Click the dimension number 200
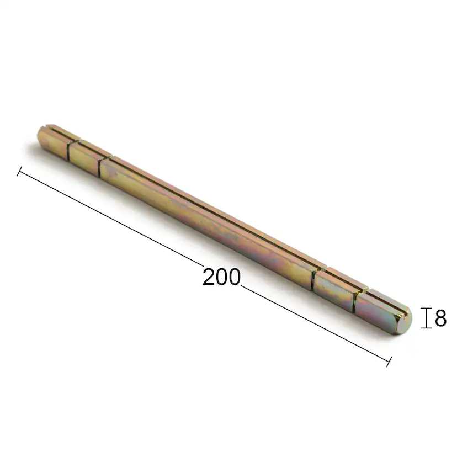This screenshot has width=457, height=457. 221,277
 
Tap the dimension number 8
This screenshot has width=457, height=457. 440,318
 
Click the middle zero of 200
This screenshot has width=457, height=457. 222,277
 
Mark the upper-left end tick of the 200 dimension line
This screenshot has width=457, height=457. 20,172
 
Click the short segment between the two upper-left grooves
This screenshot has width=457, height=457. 84,155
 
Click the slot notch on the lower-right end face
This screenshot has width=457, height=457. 408,316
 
